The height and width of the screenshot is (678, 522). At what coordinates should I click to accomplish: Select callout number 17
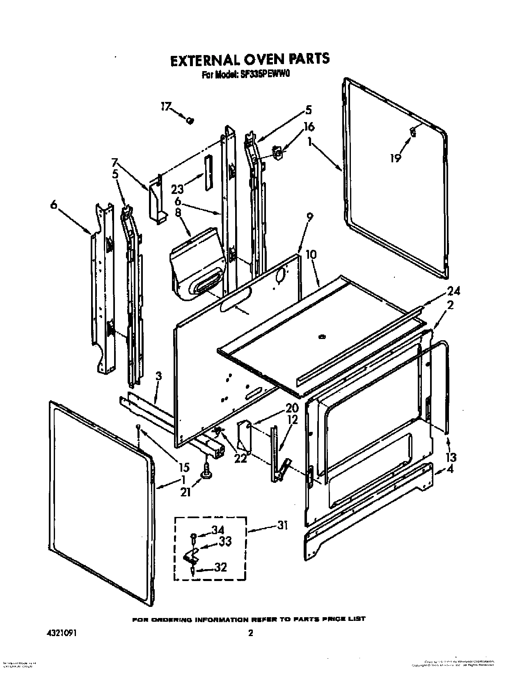click(x=165, y=106)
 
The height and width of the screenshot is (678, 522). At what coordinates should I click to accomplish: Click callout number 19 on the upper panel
click(x=395, y=158)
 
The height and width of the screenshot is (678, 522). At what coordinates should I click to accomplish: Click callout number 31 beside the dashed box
click(x=282, y=525)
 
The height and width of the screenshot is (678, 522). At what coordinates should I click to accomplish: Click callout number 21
click(x=186, y=492)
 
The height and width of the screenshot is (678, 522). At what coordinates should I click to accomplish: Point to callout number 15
click(x=183, y=467)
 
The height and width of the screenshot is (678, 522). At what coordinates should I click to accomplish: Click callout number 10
click(x=311, y=255)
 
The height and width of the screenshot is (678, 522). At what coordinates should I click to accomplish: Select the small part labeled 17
click(x=190, y=120)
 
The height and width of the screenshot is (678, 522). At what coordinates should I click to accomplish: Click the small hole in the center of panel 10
click(x=322, y=337)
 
